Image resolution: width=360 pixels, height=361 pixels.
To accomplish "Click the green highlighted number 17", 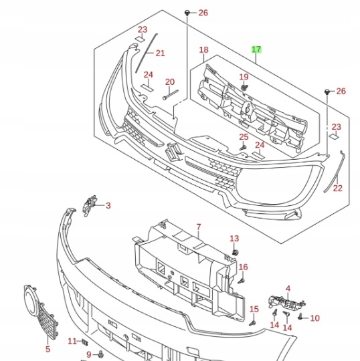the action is point(256,49).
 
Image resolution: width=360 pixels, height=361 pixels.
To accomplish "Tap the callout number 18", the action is point(203,50).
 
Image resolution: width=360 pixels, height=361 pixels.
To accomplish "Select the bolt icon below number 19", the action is point(244,88).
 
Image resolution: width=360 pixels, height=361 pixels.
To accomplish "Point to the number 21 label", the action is point(161,53).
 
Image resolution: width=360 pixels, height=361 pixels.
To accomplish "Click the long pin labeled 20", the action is point(171,95).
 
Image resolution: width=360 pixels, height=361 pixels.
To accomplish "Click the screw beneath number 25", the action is point(243,147).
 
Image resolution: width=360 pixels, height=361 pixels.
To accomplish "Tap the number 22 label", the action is point(338,189).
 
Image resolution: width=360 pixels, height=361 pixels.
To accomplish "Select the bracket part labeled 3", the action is point(90,206).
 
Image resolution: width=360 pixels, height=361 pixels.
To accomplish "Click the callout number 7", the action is point(199,227).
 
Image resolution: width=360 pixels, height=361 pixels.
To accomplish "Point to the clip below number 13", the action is point(235,253).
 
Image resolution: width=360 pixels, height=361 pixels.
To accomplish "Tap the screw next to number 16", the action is point(242,281).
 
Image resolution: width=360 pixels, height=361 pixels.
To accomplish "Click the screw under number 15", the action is point(252,324).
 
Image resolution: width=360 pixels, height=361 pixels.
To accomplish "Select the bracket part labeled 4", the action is point(286,302).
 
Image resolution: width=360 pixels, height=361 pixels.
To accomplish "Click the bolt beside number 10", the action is point(300,317).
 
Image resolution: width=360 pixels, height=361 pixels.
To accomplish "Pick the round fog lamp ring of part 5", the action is point(31,300).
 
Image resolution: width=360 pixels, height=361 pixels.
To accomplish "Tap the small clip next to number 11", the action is point(84,342).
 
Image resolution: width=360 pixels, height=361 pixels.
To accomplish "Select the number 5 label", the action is point(48,349).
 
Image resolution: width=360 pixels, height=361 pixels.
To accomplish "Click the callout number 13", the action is point(234,239).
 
